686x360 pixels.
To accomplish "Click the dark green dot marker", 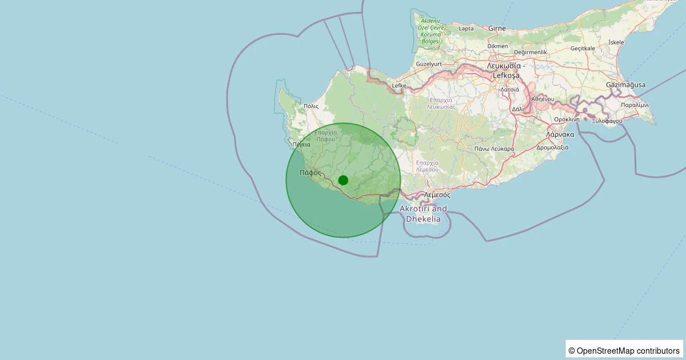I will (x=343, y=180).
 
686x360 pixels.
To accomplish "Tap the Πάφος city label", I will (x=310, y=172).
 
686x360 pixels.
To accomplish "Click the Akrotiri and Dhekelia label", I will (x=423, y=214).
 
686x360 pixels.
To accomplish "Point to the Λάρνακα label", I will (x=560, y=135).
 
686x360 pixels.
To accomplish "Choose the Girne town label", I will (x=497, y=28).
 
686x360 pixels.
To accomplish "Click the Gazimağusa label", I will (x=625, y=85).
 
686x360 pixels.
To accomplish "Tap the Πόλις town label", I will (x=311, y=106).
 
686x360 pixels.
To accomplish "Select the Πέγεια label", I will (x=301, y=145).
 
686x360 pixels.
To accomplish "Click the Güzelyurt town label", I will (x=429, y=64).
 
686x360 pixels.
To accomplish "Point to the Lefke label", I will (x=398, y=86).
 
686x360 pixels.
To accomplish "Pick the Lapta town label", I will (x=466, y=29).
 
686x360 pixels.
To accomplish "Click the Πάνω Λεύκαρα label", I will (x=494, y=149).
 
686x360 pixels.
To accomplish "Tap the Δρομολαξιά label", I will (x=552, y=147).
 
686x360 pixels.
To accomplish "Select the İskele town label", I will (x=616, y=42).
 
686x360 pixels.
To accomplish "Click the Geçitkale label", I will (x=583, y=49).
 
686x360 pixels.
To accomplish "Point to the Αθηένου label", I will (x=544, y=99).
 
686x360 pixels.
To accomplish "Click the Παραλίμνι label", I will (x=635, y=105).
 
